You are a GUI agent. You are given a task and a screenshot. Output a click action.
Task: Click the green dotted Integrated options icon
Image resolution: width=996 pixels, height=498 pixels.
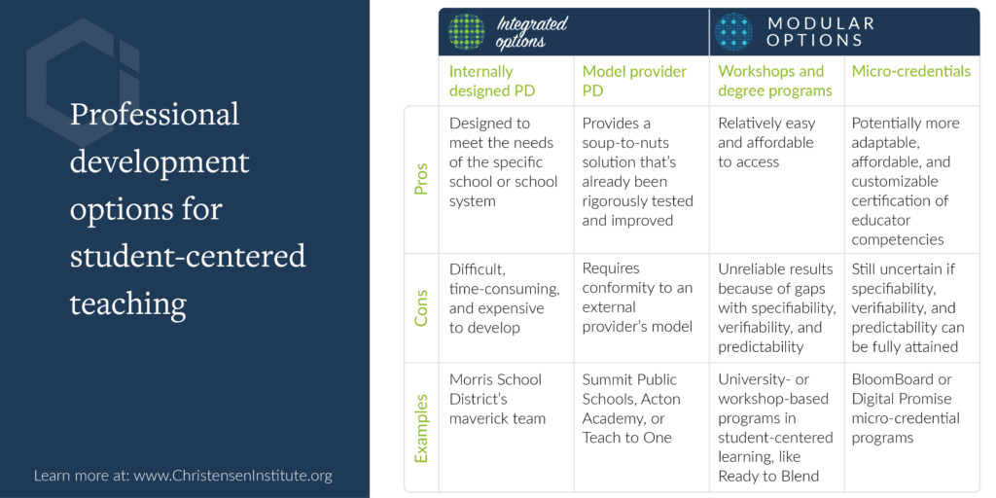click(467, 32)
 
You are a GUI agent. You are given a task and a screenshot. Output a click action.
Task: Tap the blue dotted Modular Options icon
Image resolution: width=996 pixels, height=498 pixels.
click(734, 32)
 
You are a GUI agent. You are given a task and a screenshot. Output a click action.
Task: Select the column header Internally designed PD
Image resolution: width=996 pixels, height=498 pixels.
click(492, 81)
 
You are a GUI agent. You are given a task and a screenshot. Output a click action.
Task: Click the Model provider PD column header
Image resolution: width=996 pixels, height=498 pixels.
click(634, 81)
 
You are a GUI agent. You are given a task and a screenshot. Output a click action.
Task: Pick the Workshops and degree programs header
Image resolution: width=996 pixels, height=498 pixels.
click(775, 81)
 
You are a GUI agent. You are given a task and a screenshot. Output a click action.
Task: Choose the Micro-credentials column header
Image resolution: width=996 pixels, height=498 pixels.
click(911, 71)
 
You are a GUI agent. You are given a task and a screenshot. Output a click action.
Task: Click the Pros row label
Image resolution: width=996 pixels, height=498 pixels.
click(420, 179)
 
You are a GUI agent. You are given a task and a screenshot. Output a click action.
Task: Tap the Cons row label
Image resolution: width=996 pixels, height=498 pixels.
click(420, 308)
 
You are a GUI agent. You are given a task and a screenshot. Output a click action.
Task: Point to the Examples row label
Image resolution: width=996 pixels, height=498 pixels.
click(420, 428)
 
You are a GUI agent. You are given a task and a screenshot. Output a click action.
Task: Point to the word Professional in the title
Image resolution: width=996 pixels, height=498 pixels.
click(155, 115)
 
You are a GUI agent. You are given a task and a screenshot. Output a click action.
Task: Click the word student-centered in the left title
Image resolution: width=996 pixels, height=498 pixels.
click(188, 257)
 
